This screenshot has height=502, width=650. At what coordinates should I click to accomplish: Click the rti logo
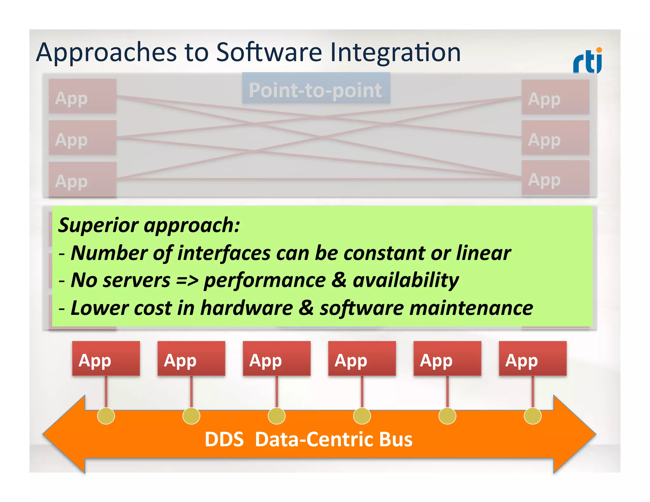[587, 61]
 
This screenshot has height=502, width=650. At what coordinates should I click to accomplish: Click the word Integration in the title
[395, 52]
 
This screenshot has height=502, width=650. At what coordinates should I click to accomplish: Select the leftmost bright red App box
[106, 359]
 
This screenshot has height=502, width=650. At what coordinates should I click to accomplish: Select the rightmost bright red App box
[532, 359]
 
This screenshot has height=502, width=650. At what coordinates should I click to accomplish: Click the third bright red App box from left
[276, 359]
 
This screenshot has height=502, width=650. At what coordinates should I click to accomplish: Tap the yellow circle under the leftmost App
[106, 416]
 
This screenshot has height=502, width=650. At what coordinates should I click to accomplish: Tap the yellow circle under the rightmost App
[532, 416]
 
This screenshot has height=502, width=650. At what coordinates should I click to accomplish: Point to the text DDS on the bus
[224, 439]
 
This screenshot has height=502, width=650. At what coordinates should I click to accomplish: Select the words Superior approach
[149, 225]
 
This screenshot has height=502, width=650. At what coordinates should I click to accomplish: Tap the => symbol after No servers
[187, 281]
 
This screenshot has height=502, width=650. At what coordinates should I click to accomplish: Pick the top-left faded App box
[83, 96]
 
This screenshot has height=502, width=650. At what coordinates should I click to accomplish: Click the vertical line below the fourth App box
[362, 392]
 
